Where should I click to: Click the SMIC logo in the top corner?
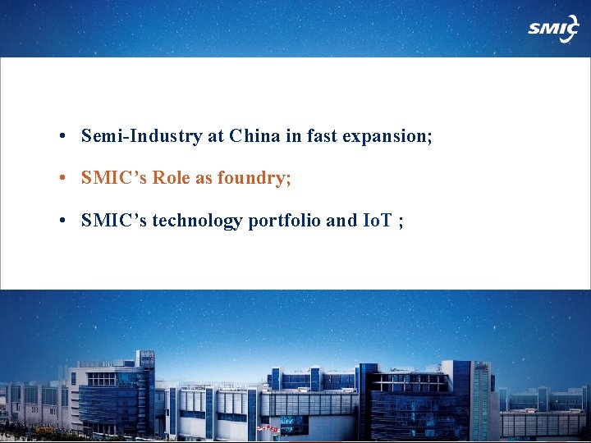552,29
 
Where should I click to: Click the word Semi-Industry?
141,136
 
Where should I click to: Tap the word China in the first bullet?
255,136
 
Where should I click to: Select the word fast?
324,136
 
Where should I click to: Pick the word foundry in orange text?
254,179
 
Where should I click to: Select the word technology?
194,221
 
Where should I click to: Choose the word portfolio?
281,220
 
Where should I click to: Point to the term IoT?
377,220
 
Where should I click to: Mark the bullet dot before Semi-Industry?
62,137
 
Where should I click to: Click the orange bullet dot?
62,179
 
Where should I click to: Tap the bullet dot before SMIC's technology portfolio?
62,221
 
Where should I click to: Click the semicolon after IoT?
400,221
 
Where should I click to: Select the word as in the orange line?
204,179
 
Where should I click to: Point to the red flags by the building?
268,428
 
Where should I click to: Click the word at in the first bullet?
216,137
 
